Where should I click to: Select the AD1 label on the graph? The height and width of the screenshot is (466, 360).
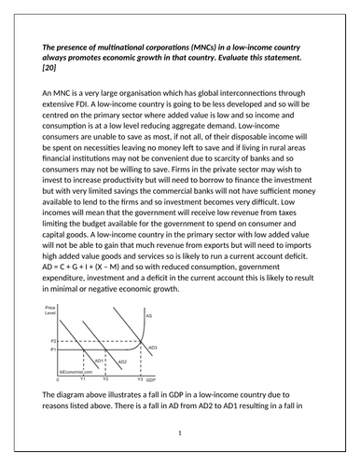101,359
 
